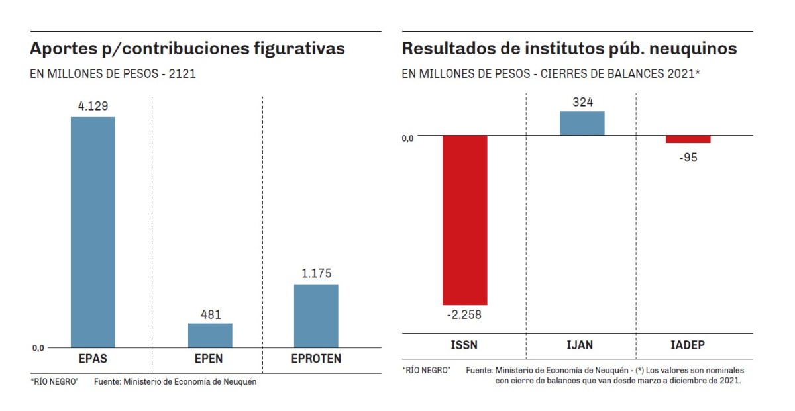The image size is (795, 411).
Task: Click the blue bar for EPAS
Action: tap(93, 232)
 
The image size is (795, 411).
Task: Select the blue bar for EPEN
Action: tap(210, 335)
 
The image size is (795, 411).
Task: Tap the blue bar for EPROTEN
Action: tap(316, 316)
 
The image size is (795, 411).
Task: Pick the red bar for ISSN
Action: tap(464, 220)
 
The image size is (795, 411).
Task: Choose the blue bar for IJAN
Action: tap(582, 123)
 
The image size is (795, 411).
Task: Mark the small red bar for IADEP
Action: tap(688, 139)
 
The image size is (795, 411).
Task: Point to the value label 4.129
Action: tap(93, 105)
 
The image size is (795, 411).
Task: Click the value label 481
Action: tap(210, 314)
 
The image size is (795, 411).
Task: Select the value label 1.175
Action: tap(316, 273)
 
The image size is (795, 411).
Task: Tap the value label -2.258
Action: tap(464, 314)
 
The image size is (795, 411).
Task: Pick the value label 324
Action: tap(582, 102)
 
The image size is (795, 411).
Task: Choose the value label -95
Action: tap(688, 158)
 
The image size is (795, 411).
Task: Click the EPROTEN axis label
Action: tap(316, 359)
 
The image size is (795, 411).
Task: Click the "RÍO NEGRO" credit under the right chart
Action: tap(426, 369)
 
